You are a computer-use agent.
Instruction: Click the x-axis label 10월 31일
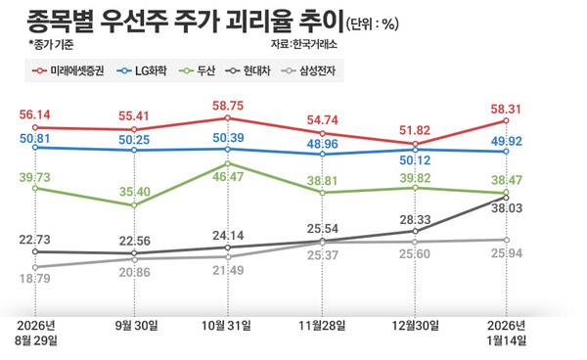coord(227,325)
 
